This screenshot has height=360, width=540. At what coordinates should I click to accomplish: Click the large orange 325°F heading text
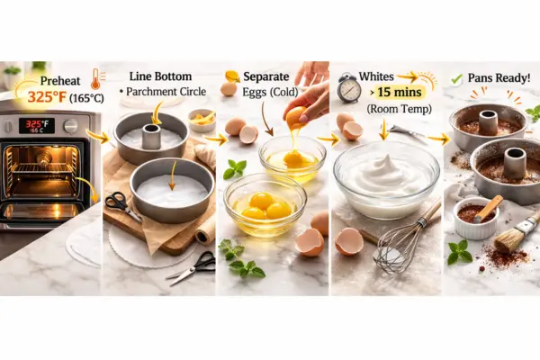point(47,97)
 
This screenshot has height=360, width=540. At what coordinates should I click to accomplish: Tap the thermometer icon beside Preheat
point(96,79)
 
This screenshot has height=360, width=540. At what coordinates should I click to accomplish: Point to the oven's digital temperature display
point(36,126)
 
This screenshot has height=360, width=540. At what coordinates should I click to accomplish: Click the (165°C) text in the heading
point(86,98)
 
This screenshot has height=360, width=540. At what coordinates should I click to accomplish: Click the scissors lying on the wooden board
point(121,205)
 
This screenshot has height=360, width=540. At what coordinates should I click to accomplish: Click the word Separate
point(265,76)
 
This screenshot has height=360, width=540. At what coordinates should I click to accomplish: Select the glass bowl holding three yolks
point(265,205)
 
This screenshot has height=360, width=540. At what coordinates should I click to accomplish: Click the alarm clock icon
point(349,88)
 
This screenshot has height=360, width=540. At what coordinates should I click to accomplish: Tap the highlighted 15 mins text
point(400,93)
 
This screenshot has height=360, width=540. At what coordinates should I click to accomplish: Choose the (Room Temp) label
point(399,109)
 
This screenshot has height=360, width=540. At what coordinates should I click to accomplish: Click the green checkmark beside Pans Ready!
point(456,80)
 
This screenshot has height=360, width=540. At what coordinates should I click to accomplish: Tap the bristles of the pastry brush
point(507,242)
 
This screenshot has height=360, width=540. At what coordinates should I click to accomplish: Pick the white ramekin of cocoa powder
point(475,219)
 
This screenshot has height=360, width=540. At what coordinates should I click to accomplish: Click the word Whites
point(376,76)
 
